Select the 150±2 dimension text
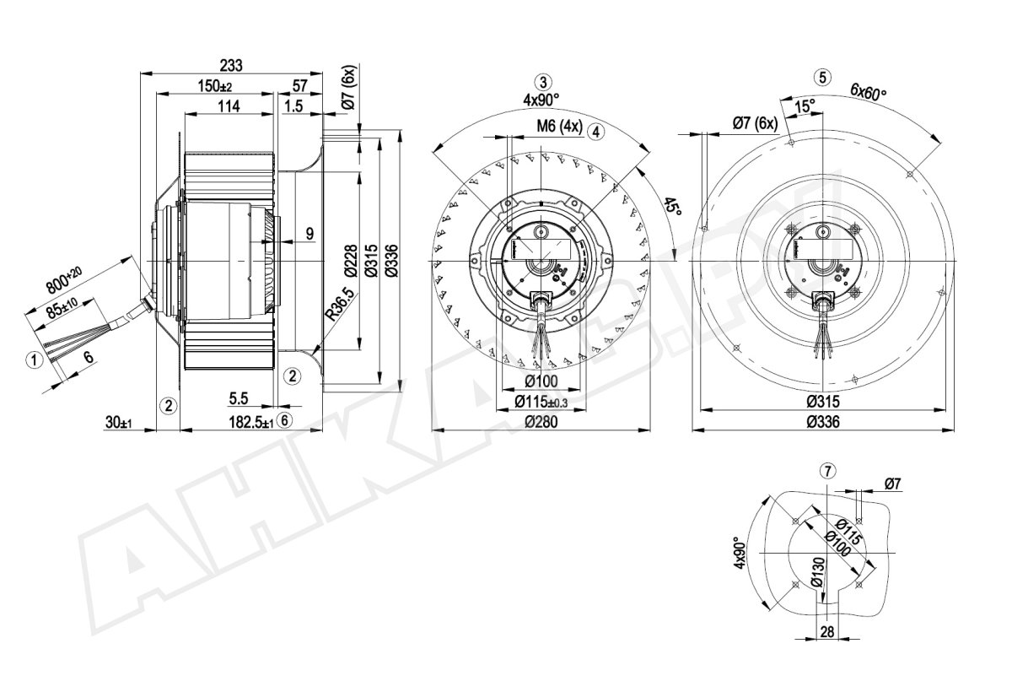(x=214, y=85)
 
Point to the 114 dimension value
(x=229, y=106)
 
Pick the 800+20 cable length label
(x=64, y=278)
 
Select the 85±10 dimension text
(x=61, y=308)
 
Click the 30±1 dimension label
(x=118, y=423)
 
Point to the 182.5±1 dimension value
(x=251, y=423)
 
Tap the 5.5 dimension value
(x=239, y=398)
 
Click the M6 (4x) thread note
(x=559, y=126)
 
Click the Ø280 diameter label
(x=541, y=422)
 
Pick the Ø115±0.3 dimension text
(x=541, y=401)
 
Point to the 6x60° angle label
(x=868, y=93)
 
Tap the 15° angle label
(x=805, y=106)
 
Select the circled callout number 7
(x=827, y=472)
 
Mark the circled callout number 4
(x=596, y=132)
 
